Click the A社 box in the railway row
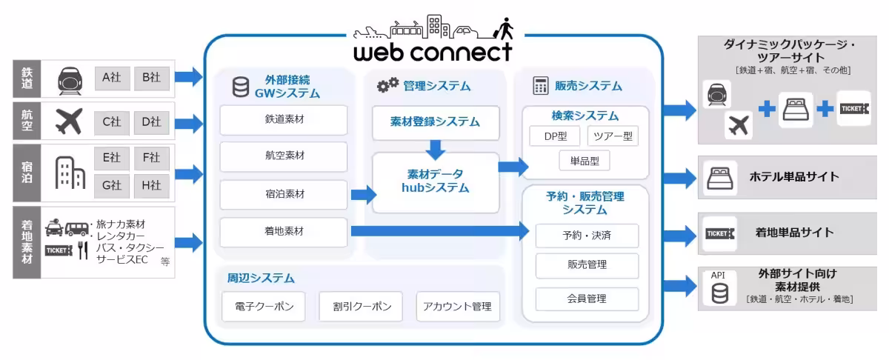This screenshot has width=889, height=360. (112, 77)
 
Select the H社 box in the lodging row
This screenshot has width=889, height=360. (152, 184)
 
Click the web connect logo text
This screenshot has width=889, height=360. (433, 53)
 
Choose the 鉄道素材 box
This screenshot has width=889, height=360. (284, 119)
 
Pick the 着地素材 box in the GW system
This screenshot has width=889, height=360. (284, 232)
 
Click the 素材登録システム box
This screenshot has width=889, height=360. (436, 121)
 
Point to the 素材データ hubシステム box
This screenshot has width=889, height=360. (436, 181)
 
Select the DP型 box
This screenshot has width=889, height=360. (555, 137)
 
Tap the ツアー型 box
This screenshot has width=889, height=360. (613, 137)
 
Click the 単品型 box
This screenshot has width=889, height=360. (585, 160)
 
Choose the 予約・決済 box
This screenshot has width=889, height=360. (587, 236)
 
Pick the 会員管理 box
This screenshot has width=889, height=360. (587, 299)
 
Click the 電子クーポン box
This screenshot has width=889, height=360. (263, 306)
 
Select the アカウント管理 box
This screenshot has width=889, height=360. (457, 306)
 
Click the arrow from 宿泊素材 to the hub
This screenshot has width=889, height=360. (364, 196)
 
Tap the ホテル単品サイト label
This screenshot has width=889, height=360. (794, 177)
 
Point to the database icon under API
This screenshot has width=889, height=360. (719, 294)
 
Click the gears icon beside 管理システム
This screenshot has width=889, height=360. (387, 86)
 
